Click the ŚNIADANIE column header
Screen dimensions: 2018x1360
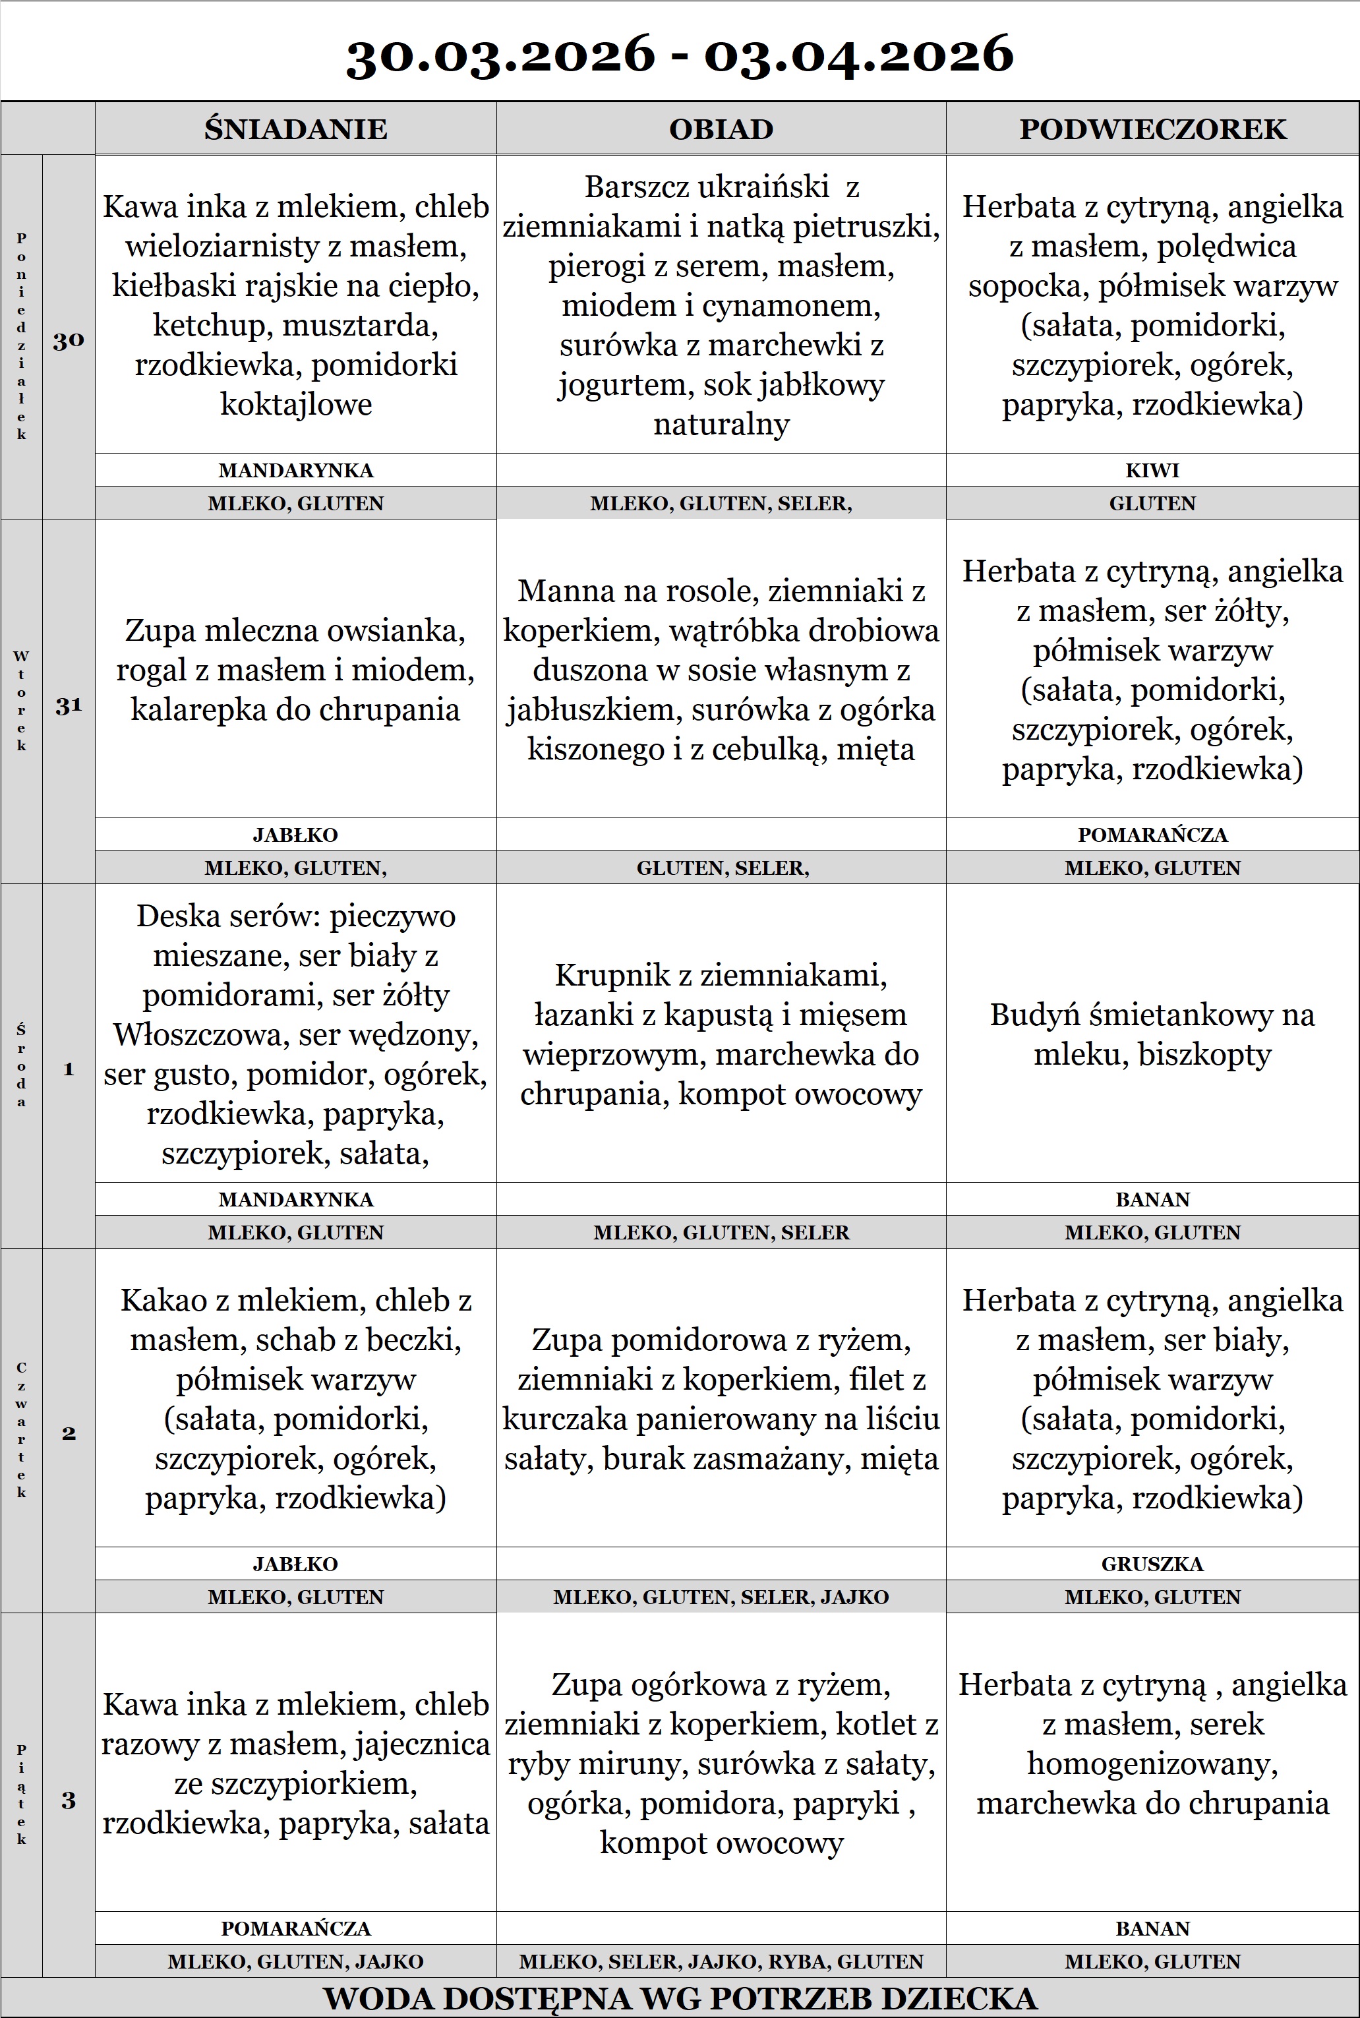[x=296, y=129]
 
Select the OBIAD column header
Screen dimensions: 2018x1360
[x=721, y=129]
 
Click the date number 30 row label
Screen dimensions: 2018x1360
[x=69, y=340]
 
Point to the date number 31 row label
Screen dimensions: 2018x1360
[x=69, y=706]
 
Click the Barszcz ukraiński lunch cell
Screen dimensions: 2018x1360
[x=721, y=305]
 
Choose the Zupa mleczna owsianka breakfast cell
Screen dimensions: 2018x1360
[x=296, y=670]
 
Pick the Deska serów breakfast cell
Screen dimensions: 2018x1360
[x=296, y=1034]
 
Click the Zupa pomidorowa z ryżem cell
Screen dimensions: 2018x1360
[x=721, y=1399]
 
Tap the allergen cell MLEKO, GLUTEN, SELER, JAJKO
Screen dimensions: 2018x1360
[x=721, y=1597]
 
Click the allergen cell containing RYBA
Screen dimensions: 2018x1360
[x=721, y=1961]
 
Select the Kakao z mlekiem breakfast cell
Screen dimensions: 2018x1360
[x=296, y=1399]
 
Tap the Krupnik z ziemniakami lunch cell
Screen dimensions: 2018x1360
[x=721, y=1034]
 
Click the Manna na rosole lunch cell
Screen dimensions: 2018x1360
[x=721, y=670]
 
